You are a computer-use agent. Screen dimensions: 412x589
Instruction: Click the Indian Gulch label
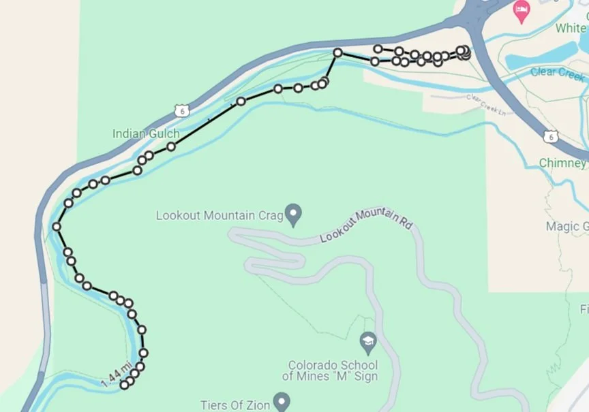coord(146,134)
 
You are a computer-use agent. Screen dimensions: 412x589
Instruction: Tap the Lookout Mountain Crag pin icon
coord(294,215)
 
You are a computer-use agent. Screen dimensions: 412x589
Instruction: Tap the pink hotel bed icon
coord(522,12)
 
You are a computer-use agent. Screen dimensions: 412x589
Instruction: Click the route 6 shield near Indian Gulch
coord(180,110)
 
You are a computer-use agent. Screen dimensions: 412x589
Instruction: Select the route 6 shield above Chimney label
coord(549,138)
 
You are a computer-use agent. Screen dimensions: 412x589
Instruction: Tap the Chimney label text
coord(562,163)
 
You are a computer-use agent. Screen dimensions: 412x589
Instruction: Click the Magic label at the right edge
coord(567,226)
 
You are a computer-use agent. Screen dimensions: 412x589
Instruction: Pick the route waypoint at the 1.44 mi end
coord(125,385)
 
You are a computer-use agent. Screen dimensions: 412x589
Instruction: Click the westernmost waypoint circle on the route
coord(57,227)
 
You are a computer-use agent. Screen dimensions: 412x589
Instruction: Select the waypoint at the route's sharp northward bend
coord(337,52)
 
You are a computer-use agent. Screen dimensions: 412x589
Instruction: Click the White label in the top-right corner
coord(570,29)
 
